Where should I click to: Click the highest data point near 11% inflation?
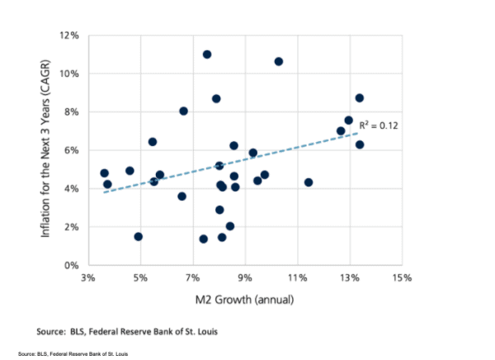[x=207, y=54]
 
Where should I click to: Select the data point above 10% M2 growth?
[x=279, y=61]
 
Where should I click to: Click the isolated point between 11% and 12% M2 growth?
[x=309, y=182]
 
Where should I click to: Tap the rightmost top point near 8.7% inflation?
[x=360, y=97]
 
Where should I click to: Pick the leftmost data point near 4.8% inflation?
[x=104, y=173]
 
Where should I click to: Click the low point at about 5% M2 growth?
[x=139, y=236]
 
